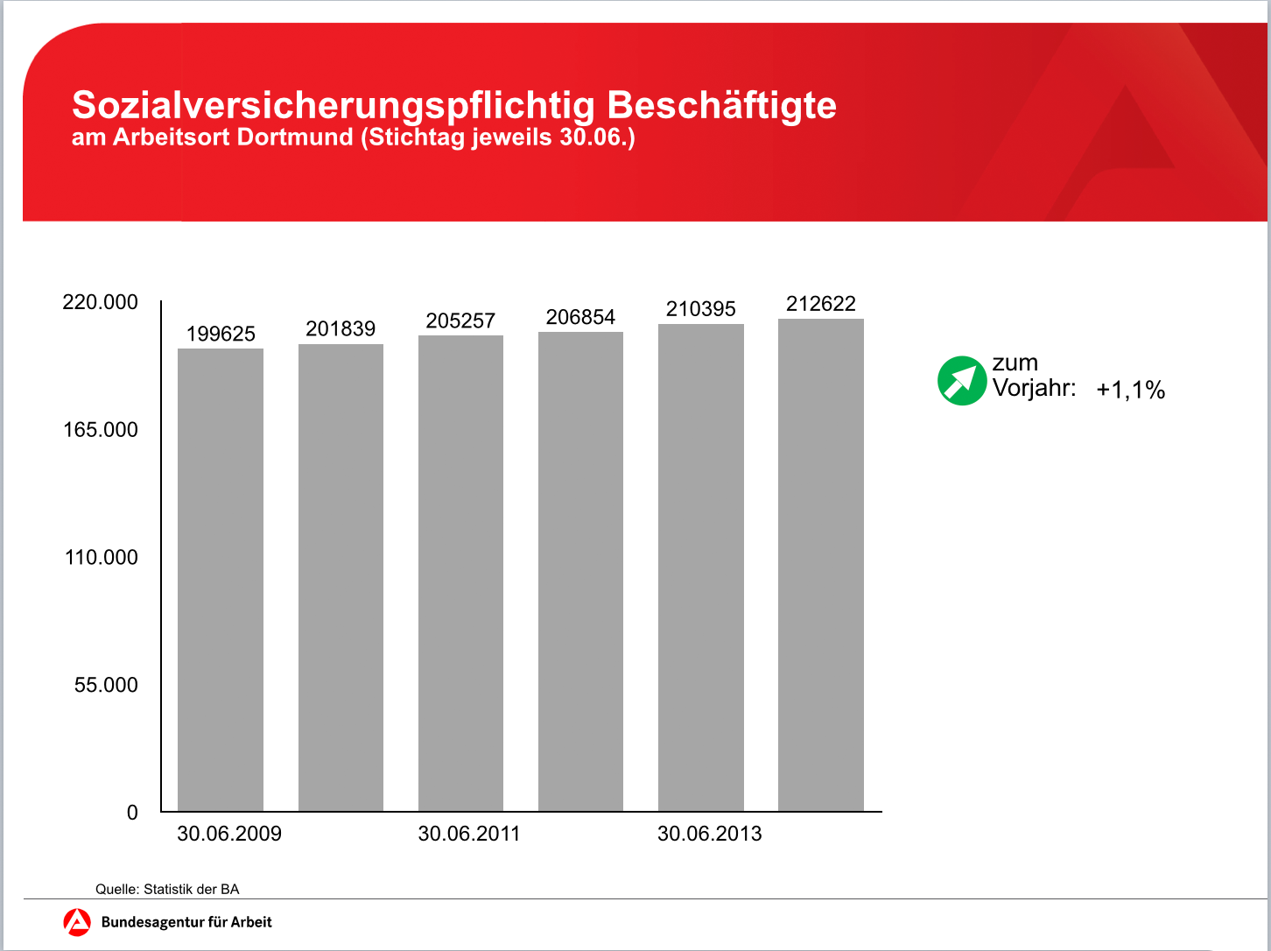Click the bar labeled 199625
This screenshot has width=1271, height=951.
(221, 579)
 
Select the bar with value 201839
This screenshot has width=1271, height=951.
(341, 577)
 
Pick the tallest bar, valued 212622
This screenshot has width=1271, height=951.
(821, 565)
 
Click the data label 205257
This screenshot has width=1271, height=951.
(460, 321)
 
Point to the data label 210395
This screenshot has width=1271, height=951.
(701, 309)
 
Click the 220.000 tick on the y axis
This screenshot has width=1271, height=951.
(101, 302)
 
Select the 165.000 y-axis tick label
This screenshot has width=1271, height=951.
(101, 430)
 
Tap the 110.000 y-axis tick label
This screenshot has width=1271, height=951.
(102, 558)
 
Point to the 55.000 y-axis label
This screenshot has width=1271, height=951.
(106, 685)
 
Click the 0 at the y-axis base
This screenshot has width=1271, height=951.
(132, 813)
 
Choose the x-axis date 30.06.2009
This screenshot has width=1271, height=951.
(229, 834)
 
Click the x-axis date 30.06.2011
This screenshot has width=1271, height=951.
(469, 834)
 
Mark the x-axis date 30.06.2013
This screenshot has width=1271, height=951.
(710, 834)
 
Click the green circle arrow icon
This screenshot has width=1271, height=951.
(961, 381)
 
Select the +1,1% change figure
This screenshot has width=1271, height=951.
(1130, 390)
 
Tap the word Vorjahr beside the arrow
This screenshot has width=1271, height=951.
(1034, 388)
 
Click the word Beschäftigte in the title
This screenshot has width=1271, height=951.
(721, 105)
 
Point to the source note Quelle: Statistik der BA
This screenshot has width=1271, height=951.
(167, 889)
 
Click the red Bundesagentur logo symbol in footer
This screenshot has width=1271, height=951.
(77, 922)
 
